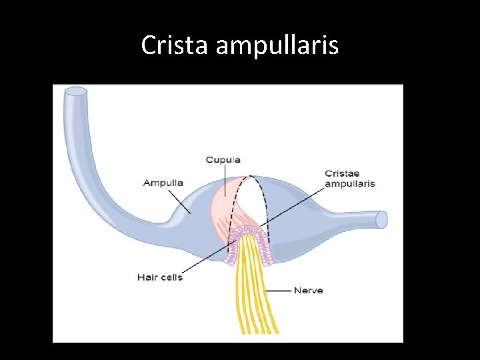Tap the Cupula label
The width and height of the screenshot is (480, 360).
pyautogui.click(x=223, y=160)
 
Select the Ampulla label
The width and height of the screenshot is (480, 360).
pyautogui.click(x=163, y=183)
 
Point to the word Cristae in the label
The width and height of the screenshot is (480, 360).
pyautogui.click(x=341, y=174)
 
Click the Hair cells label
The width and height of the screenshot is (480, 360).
pyautogui.click(x=159, y=277)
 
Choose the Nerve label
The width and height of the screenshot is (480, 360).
pyautogui.click(x=308, y=291)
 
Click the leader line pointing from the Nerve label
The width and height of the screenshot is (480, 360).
pyautogui.click(x=279, y=291)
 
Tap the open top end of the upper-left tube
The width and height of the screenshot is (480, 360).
pyautogui.click(x=76, y=91)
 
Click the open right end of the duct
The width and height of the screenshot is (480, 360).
pyautogui.click(x=381, y=219)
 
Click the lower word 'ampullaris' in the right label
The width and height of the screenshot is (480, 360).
pyautogui.click(x=350, y=183)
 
